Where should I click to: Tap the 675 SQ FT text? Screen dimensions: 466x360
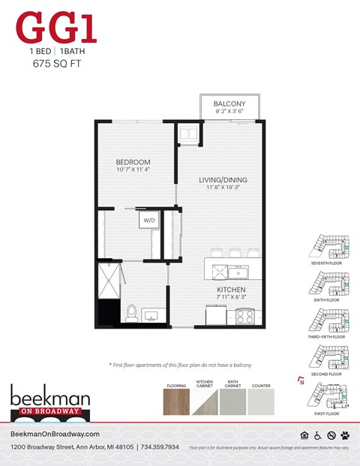[x=57, y=65]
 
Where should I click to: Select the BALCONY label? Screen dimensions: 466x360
[x=229, y=104]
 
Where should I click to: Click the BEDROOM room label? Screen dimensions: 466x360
[x=133, y=162]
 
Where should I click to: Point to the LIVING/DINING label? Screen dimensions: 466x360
[x=223, y=180]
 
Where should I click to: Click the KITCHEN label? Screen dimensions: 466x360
[x=231, y=290]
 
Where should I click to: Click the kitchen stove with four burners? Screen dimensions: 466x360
[x=246, y=315]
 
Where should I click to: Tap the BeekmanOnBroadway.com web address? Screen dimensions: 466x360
[x=56, y=435]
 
